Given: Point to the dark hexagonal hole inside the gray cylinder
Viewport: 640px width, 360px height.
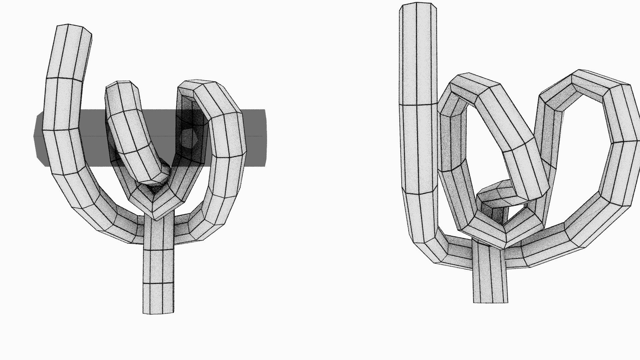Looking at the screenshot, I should click(189, 137).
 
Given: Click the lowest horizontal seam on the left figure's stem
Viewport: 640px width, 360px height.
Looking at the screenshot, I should click(158, 283).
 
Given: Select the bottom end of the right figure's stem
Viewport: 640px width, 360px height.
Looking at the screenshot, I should click(491, 302).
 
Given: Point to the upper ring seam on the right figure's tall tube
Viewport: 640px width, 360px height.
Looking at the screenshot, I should click(418, 105).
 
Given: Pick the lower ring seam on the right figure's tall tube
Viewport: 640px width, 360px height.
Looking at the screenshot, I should click(419, 192).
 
